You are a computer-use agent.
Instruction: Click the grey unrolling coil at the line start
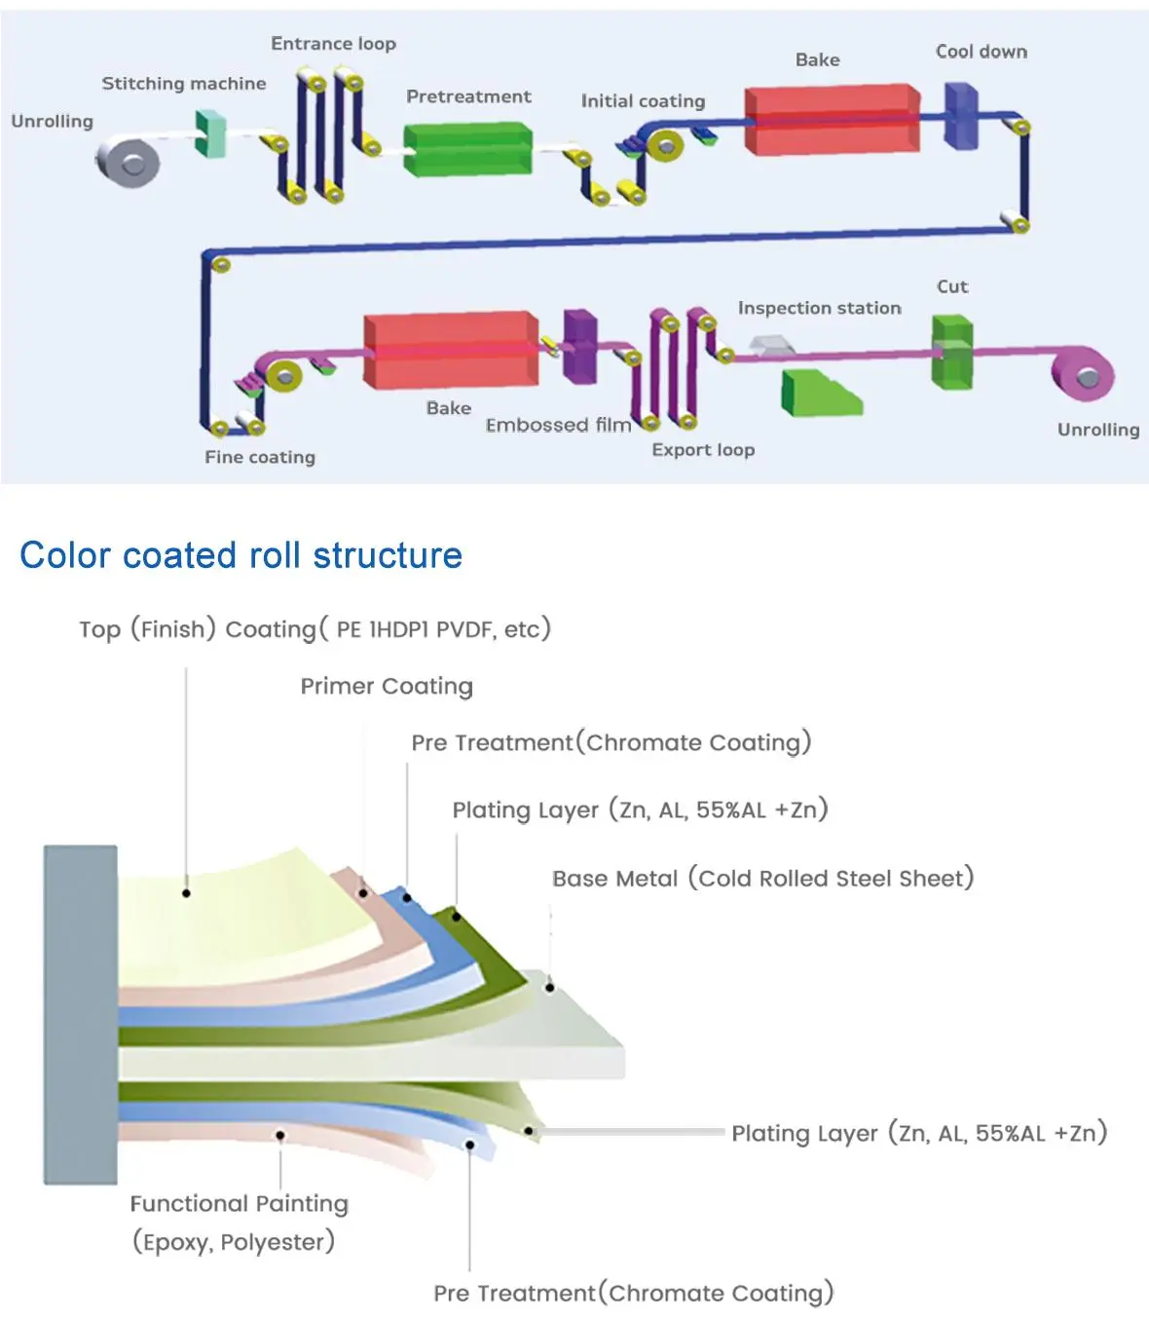click(x=128, y=161)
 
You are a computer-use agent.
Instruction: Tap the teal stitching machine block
click(x=209, y=133)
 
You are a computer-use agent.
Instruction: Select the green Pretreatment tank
click(x=467, y=149)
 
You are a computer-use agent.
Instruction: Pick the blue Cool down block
click(x=960, y=116)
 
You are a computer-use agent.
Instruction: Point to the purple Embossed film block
click(x=579, y=345)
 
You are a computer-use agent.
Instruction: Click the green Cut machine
click(x=951, y=352)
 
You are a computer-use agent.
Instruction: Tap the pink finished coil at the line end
click(x=1082, y=372)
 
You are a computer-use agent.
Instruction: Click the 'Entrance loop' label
click(x=333, y=44)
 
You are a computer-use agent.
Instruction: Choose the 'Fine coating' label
click(x=260, y=457)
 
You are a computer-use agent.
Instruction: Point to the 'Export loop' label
click(x=703, y=450)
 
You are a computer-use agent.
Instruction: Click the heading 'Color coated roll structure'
click(x=241, y=555)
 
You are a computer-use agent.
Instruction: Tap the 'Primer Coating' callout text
click(x=386, y=686)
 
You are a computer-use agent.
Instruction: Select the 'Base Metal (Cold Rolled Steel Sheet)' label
click(x=762, y=878)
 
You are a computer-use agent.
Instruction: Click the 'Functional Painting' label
click(x=239, y=1204)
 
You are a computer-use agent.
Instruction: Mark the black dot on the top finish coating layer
click(x=186, y=892)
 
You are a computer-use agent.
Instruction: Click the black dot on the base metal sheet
click(x=549, y=988)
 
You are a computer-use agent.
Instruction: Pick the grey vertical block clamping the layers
click(x=81, y=1014)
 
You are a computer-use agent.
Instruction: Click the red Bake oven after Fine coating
click(x=450, y=351)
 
